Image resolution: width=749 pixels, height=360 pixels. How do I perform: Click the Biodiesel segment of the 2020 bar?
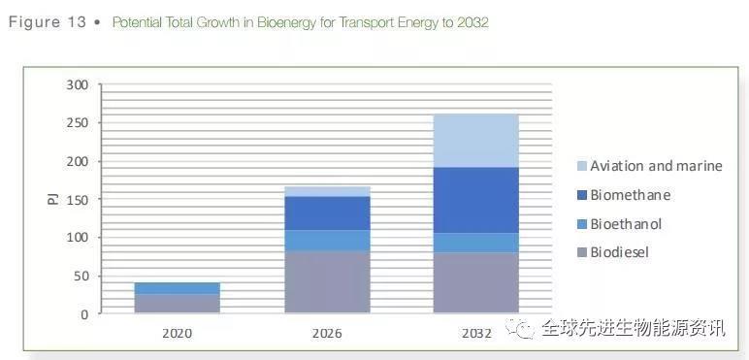coord(178,304)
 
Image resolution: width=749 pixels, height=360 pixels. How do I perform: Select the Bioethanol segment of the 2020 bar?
coord(178,288)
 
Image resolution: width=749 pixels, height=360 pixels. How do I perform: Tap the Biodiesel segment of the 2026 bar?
coord(327,282)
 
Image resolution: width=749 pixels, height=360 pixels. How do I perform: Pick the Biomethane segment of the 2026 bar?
coord(327,213)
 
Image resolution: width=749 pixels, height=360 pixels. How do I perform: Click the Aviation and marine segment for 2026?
coord(327,191)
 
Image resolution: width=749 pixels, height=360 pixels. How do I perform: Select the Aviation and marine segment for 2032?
coord(475,141)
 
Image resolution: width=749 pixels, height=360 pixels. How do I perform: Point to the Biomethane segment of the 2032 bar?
coord(475,200)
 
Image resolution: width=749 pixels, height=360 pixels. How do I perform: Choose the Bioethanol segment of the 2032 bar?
coord(475,243)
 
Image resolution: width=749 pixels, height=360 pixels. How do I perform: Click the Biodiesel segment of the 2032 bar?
coord(475,282)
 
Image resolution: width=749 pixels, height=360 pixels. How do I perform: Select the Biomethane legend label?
coord(630,195)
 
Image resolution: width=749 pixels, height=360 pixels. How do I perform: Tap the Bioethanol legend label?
coord(626,224)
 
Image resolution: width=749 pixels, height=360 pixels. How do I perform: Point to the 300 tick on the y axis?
coord(78,85)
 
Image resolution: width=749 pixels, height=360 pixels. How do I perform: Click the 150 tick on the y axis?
coord(78,200)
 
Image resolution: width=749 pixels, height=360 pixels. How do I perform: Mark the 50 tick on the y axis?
coord(81,276)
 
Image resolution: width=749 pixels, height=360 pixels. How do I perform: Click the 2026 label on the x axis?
coord(327,333)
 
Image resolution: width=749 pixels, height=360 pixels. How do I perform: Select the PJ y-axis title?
coord(52,200)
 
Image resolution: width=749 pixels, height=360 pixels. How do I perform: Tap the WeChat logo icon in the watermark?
coord(524,329)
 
